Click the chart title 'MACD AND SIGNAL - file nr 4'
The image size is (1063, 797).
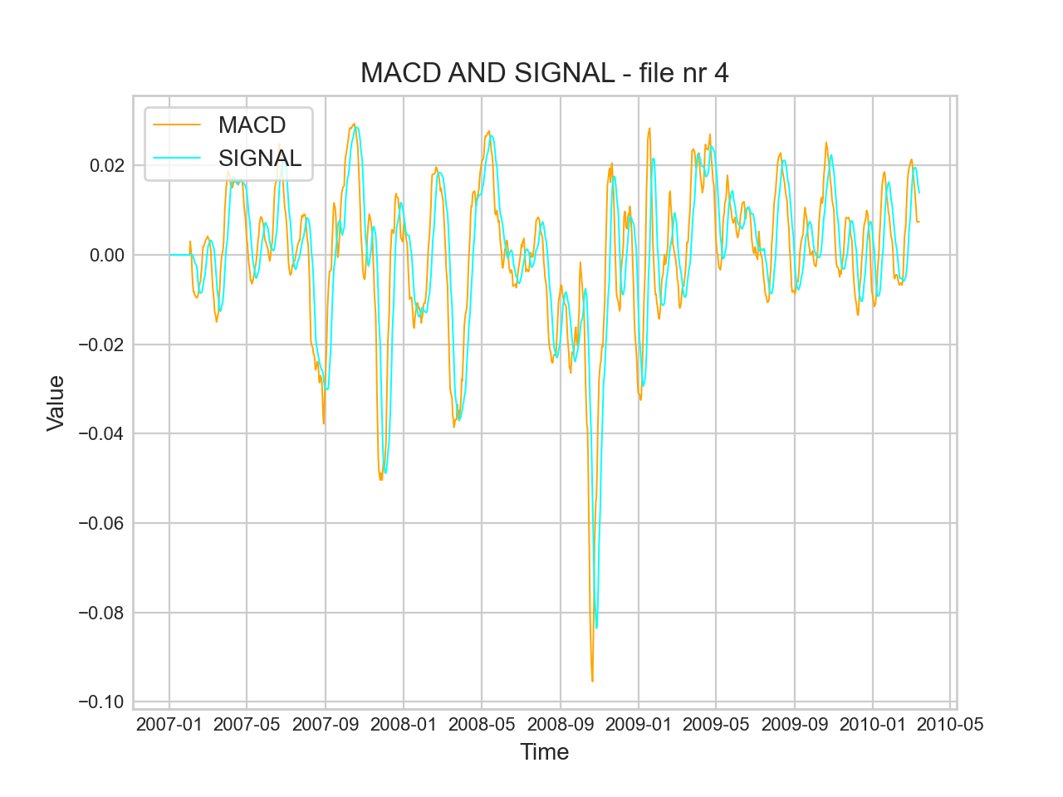544,73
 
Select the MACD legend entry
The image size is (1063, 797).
252,125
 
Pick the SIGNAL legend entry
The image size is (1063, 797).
259,158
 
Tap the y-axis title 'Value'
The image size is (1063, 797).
56,403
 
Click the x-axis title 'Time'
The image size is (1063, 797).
544,752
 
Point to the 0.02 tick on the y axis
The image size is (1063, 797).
107,165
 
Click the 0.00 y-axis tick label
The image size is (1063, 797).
107,255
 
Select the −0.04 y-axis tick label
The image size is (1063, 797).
101,433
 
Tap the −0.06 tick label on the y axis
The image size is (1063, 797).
101,523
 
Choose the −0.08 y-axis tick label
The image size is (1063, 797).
101,613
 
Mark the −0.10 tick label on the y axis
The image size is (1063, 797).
101,702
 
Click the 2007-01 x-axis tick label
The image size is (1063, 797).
169,724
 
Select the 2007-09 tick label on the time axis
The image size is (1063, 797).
326,724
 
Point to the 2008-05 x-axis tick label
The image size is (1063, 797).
482,724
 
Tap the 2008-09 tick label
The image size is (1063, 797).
561,724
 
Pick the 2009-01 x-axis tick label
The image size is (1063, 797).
639,724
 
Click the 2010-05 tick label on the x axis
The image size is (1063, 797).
950,724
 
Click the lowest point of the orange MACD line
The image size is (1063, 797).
592,681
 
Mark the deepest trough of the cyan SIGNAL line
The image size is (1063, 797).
596,628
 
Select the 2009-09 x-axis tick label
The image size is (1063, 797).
795,724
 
